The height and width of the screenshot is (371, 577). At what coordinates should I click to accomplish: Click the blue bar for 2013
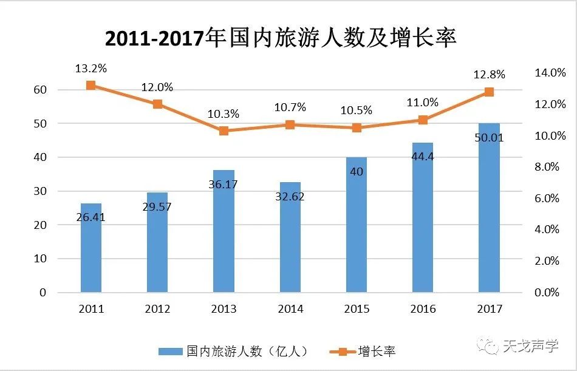coord(224,231)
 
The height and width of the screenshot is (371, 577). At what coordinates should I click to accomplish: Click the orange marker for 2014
coord(290,124)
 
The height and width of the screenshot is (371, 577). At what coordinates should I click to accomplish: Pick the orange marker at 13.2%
coord(90,86)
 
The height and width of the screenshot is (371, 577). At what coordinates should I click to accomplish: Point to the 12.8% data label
coord(490,75)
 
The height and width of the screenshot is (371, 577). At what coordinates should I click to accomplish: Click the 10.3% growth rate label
coord(224,114)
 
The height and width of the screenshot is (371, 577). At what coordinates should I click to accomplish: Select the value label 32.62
coord(290,197)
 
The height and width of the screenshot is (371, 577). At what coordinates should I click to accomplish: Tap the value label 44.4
coord(423,157)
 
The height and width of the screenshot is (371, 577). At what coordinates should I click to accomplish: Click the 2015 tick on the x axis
coord(357,309)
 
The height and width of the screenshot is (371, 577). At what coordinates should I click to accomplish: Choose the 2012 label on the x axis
coord(157,309)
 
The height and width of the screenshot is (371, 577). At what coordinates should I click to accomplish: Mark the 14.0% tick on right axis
coord(550,73)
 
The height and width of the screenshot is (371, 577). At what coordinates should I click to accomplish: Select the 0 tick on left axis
coord(43,293)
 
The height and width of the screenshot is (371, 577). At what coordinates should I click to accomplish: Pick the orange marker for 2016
coord(423,120)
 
